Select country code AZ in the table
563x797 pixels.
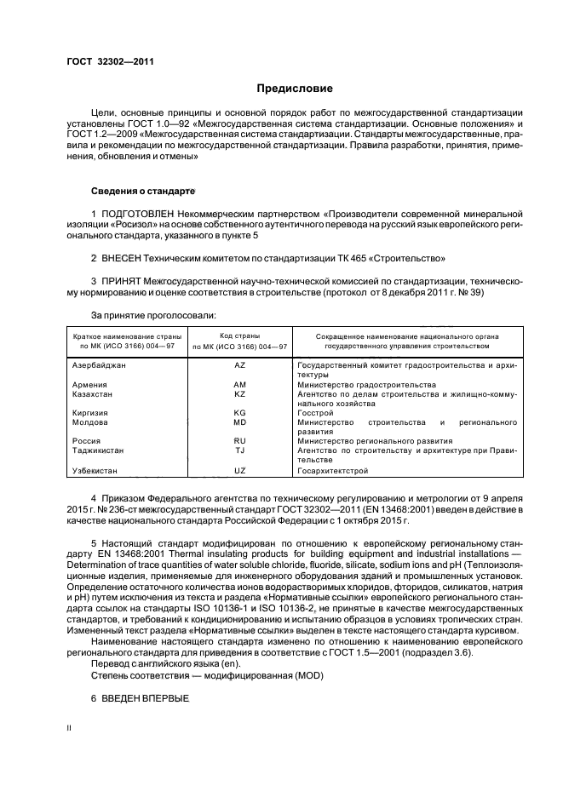[x=239, y=364]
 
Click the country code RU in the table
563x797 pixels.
[x=239, y=441]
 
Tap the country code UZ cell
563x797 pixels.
[x=239, y=470]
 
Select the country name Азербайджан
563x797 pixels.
[x=100, y=364]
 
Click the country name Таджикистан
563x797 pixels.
[x=100, y=450]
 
